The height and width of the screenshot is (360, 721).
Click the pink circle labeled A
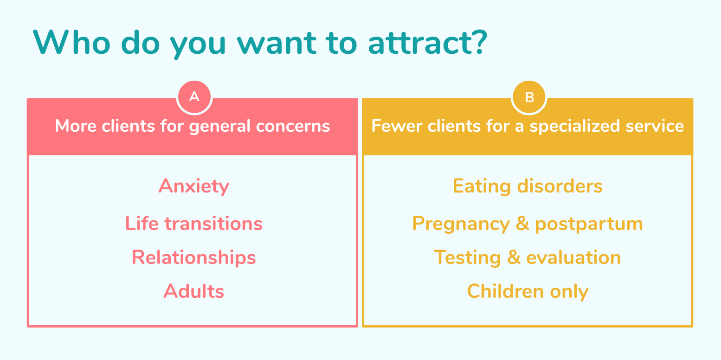coord(194,97)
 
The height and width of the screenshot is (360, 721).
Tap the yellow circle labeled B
coord(529,97)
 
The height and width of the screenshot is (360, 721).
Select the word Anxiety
coord(194,186)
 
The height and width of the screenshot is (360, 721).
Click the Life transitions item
coord(194,223)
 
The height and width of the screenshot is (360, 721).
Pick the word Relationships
coord(194,257)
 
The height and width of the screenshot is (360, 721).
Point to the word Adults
coord(194,291)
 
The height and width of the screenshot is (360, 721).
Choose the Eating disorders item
coord(528,186)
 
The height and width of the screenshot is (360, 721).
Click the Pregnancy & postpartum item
coord(528,224)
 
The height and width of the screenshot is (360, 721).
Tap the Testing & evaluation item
coord(528,257)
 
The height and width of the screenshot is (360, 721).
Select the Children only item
coord(528,292)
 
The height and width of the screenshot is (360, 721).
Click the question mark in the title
coord(480,42)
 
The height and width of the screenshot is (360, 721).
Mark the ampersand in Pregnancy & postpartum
coord(522,223)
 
